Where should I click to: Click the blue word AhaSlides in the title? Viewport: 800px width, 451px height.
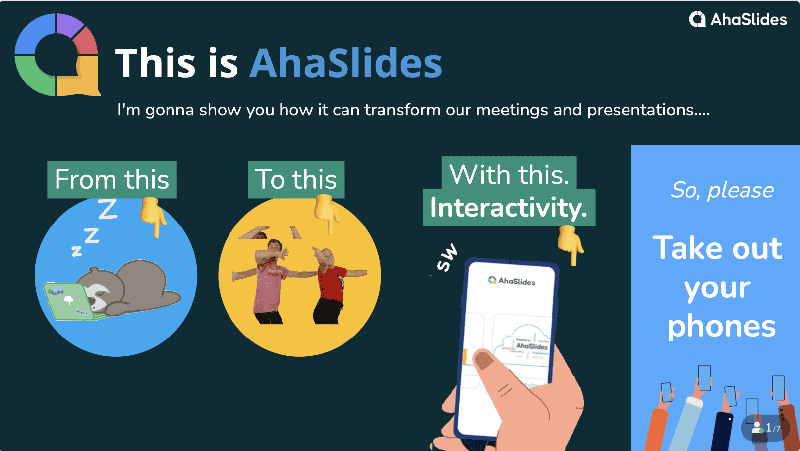[x=345, y=63]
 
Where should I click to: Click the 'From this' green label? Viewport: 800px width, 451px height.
[x=112, y=179]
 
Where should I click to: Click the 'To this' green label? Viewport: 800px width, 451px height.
[x=296, y=179]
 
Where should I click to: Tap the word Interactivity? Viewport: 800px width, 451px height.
[x=509, y=208]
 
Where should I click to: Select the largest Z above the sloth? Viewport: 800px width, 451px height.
[x=108, y=209]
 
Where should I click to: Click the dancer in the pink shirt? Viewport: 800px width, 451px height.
[x=269, y=282]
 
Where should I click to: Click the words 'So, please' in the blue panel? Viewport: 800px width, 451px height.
[x=722, y=190]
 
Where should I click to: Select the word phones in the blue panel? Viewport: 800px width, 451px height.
[x=721, y=327]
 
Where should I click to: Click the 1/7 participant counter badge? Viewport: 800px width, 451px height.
[x=765, y=427]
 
